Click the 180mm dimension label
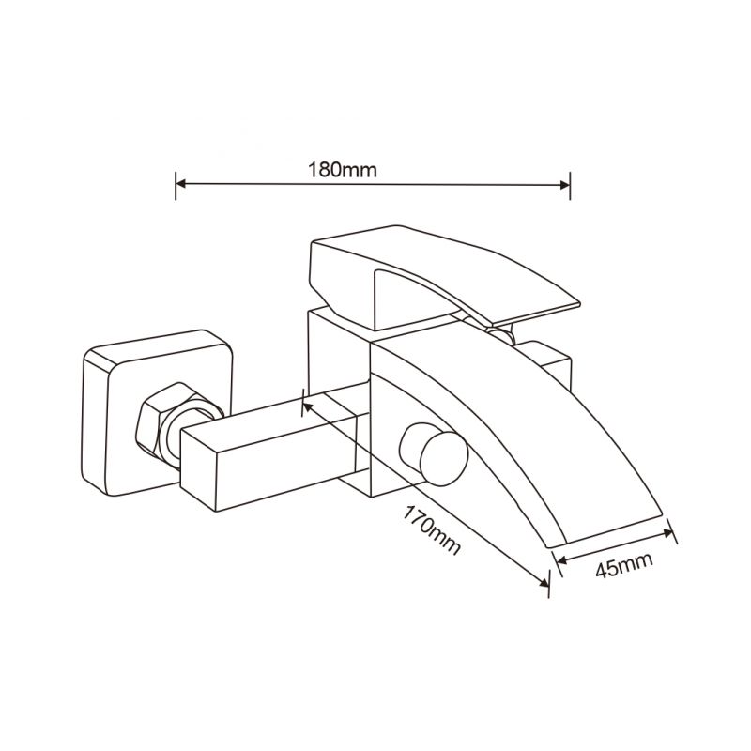pos(342,170)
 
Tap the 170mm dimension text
pos(432,529)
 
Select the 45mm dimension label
pos(624,566)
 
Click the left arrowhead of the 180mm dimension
pos(181,183)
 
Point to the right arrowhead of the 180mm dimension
pos(565,185)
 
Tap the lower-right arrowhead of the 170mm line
pos(544,582)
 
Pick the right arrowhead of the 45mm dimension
pos(668,532)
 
